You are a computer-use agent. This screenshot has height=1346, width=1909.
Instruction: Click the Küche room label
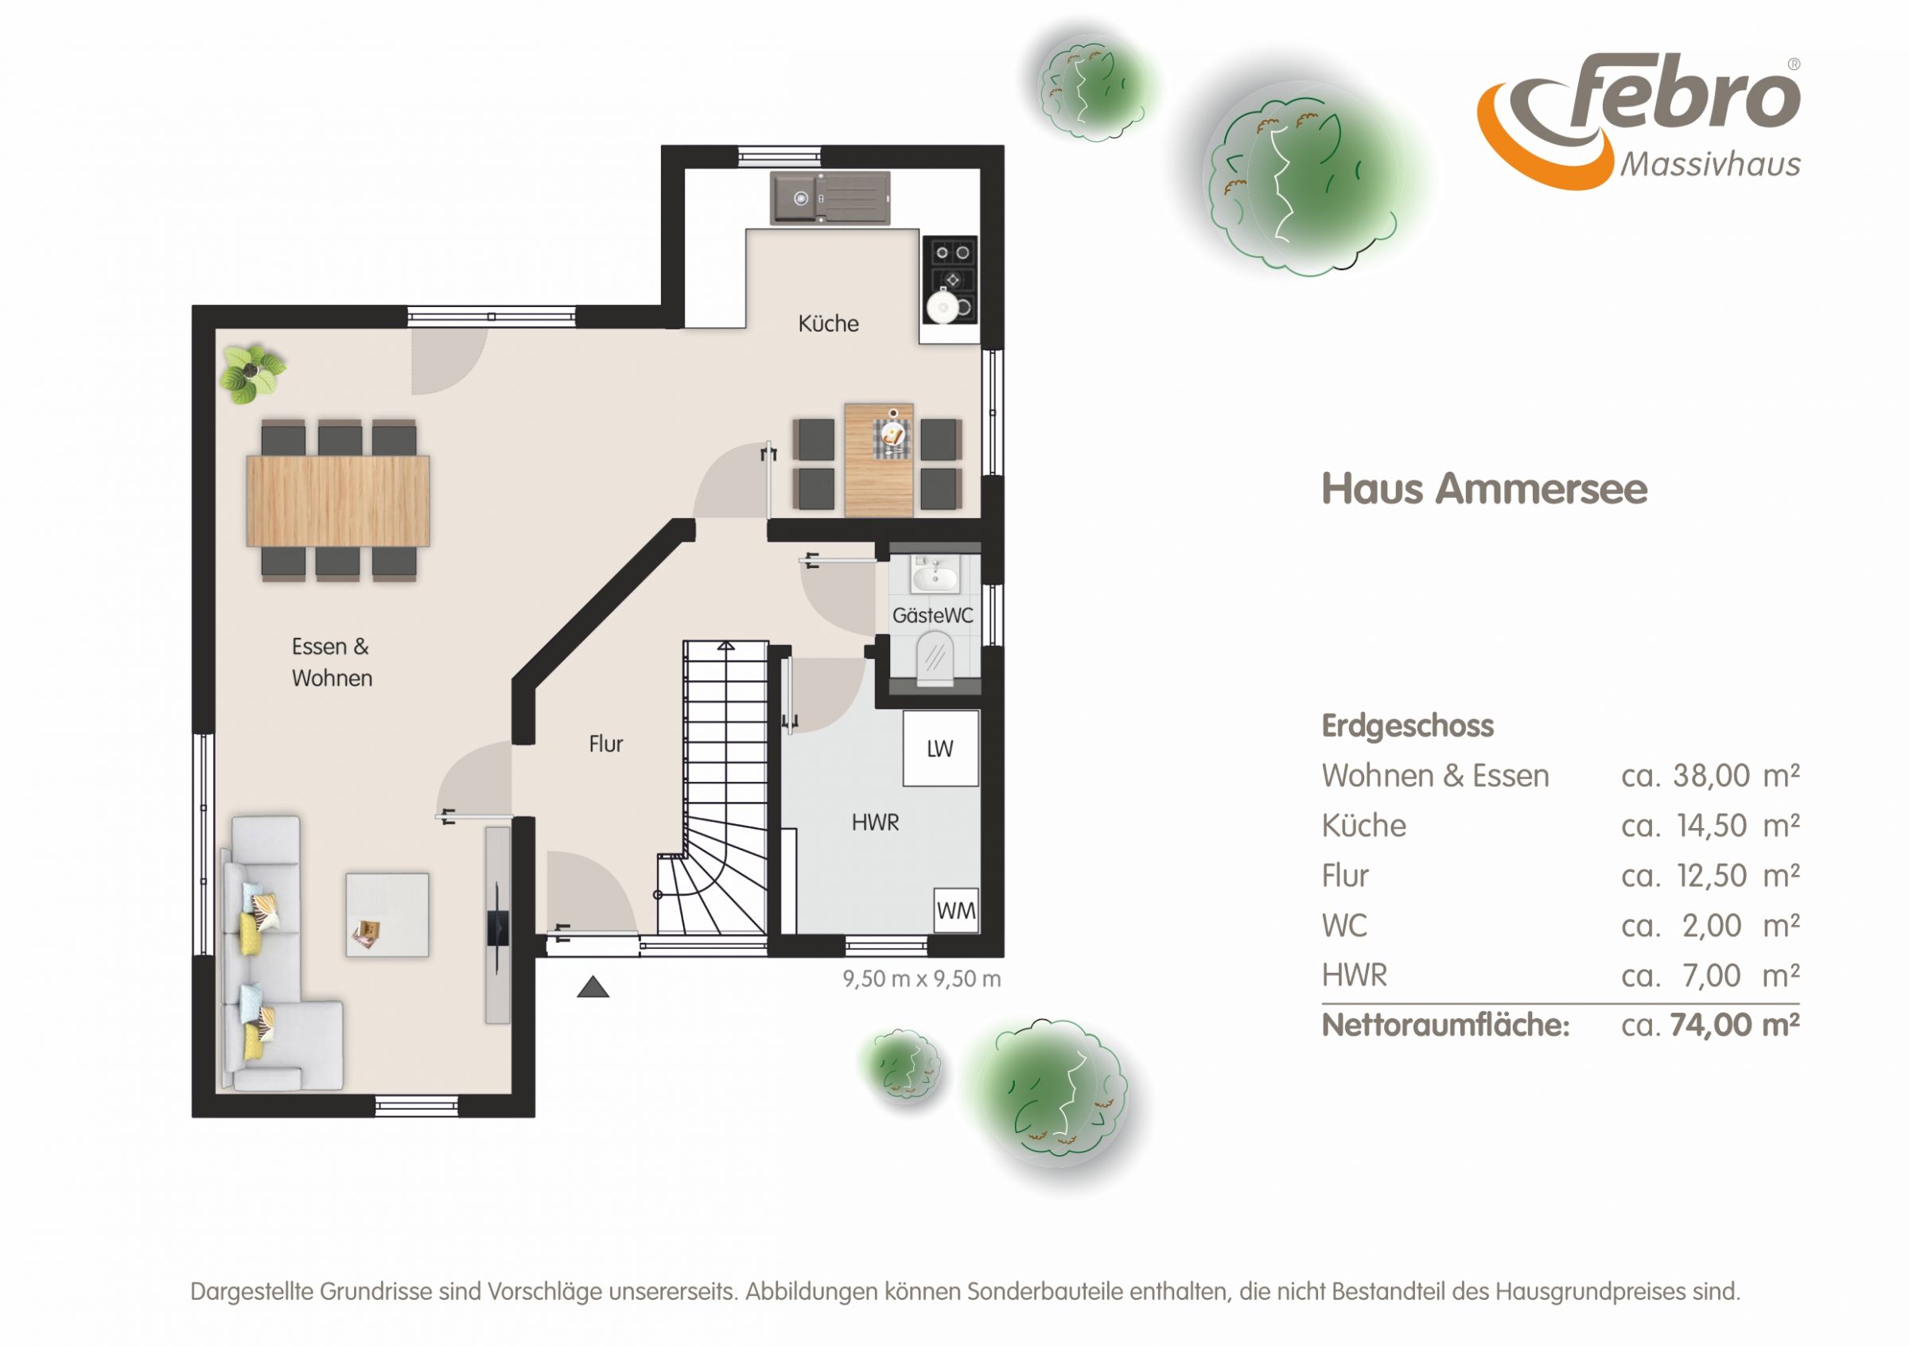tap(828, 324)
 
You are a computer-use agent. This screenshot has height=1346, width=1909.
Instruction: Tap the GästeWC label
tap(932, 615)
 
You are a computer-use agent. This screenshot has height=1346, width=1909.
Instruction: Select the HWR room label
tap(875, 823)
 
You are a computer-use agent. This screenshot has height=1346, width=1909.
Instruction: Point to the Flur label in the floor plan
tap(605, 743)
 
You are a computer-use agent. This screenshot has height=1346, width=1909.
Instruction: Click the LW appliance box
tap(940, 749)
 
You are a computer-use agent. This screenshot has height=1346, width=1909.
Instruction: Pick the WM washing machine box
tap(956, 909)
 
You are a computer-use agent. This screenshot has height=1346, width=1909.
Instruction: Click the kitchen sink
tap(830, 198)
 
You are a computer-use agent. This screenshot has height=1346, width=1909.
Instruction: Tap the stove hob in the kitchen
tap(951, 278)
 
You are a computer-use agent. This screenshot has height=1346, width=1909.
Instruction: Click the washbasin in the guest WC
tap(935, 573)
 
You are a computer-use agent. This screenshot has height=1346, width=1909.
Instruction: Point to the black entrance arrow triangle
tap(593, 987)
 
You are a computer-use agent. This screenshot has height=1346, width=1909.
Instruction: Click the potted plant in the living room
tap(251, 373)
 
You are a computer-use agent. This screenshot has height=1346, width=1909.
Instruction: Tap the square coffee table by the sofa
tap(387, 915)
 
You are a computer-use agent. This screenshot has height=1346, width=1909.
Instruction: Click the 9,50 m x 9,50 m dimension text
tap(921, 978)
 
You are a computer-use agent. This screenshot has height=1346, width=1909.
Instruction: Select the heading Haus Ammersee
tap(1484, 489)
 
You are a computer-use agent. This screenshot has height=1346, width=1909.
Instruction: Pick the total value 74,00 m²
tap(1734, 1025)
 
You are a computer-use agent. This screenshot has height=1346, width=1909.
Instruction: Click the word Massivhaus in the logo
tap(1710, 164)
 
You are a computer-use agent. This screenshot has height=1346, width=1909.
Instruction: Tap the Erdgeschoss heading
tap(1408, 726)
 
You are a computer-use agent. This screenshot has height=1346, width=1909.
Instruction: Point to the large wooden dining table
tap(337, 500)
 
